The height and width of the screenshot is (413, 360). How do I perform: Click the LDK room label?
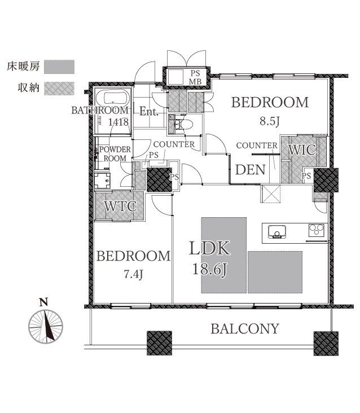point(210,248)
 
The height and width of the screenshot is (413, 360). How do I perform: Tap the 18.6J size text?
point(210,269)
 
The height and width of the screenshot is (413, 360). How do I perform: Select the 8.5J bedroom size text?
point(269,121)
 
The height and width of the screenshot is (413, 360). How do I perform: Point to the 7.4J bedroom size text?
point(134,274)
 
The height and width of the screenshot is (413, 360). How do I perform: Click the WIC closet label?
point(302,150)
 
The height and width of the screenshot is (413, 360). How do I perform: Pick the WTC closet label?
point(121,206)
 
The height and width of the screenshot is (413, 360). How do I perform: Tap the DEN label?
point(250,170)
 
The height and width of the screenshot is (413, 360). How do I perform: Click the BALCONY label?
point(245,329)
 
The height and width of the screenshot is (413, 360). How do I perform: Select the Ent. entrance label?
point(149,111)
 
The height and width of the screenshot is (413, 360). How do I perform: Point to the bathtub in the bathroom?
point(113,98)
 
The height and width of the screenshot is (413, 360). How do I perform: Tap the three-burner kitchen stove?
point(317,230)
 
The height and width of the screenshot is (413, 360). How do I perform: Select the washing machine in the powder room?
point(102,180)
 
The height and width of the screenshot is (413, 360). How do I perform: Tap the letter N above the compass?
point(43,302)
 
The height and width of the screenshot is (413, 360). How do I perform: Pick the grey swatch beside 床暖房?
point(59,67)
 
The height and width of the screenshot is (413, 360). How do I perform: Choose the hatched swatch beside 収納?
point(59,89)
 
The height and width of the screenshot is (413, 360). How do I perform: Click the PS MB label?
point(195,77)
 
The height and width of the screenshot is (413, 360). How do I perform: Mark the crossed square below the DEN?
point(271,194)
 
